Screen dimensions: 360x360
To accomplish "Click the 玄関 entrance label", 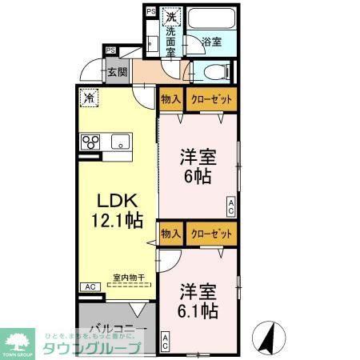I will point(117,72).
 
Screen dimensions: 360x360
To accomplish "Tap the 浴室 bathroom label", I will point(210,41).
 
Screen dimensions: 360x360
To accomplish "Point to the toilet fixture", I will point(211,72).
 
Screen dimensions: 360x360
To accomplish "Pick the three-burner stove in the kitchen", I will point(90,144).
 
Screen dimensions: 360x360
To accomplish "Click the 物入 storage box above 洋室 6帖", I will point(170,100).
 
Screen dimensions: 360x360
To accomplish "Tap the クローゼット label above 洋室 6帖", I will point(212,100).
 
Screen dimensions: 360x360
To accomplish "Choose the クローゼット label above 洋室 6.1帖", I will point(212,234).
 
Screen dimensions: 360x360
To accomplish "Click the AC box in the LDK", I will point(89,286).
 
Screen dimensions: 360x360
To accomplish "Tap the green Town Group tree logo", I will point(18,339).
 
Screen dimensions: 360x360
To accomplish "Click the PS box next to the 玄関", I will point(110,50).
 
